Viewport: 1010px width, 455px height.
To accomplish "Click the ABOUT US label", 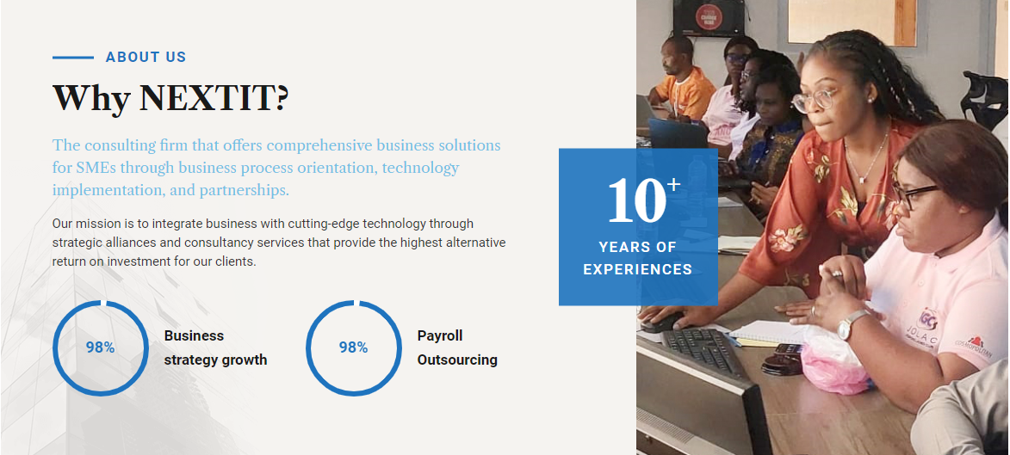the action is click(146, 58).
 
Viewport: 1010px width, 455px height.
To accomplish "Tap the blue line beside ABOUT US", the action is click(73, 58).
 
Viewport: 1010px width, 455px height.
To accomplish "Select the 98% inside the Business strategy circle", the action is click(101, 347).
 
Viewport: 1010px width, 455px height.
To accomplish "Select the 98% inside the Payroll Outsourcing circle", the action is click(354, 347).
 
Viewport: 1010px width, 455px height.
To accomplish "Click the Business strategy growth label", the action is click(215, 347).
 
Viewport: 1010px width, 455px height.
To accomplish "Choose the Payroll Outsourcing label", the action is click(457, 347).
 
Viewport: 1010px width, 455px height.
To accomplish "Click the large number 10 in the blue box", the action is click(635, 200).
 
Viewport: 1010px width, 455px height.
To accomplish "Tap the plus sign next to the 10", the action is click(673, 185).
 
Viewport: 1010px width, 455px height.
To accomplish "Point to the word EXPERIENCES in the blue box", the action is click(638, 269).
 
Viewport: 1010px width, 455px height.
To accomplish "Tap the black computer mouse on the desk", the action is click(661, 323).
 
